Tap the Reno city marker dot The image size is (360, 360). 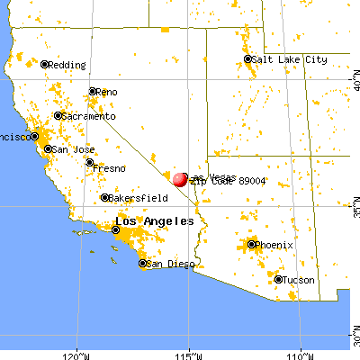93,91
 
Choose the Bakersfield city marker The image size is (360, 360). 104,197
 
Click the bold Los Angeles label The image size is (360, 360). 154,221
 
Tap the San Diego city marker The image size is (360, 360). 143,264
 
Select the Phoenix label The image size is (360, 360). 274,244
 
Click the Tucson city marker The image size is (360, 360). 278,280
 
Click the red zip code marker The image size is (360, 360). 180,179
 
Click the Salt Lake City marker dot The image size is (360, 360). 248,59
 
